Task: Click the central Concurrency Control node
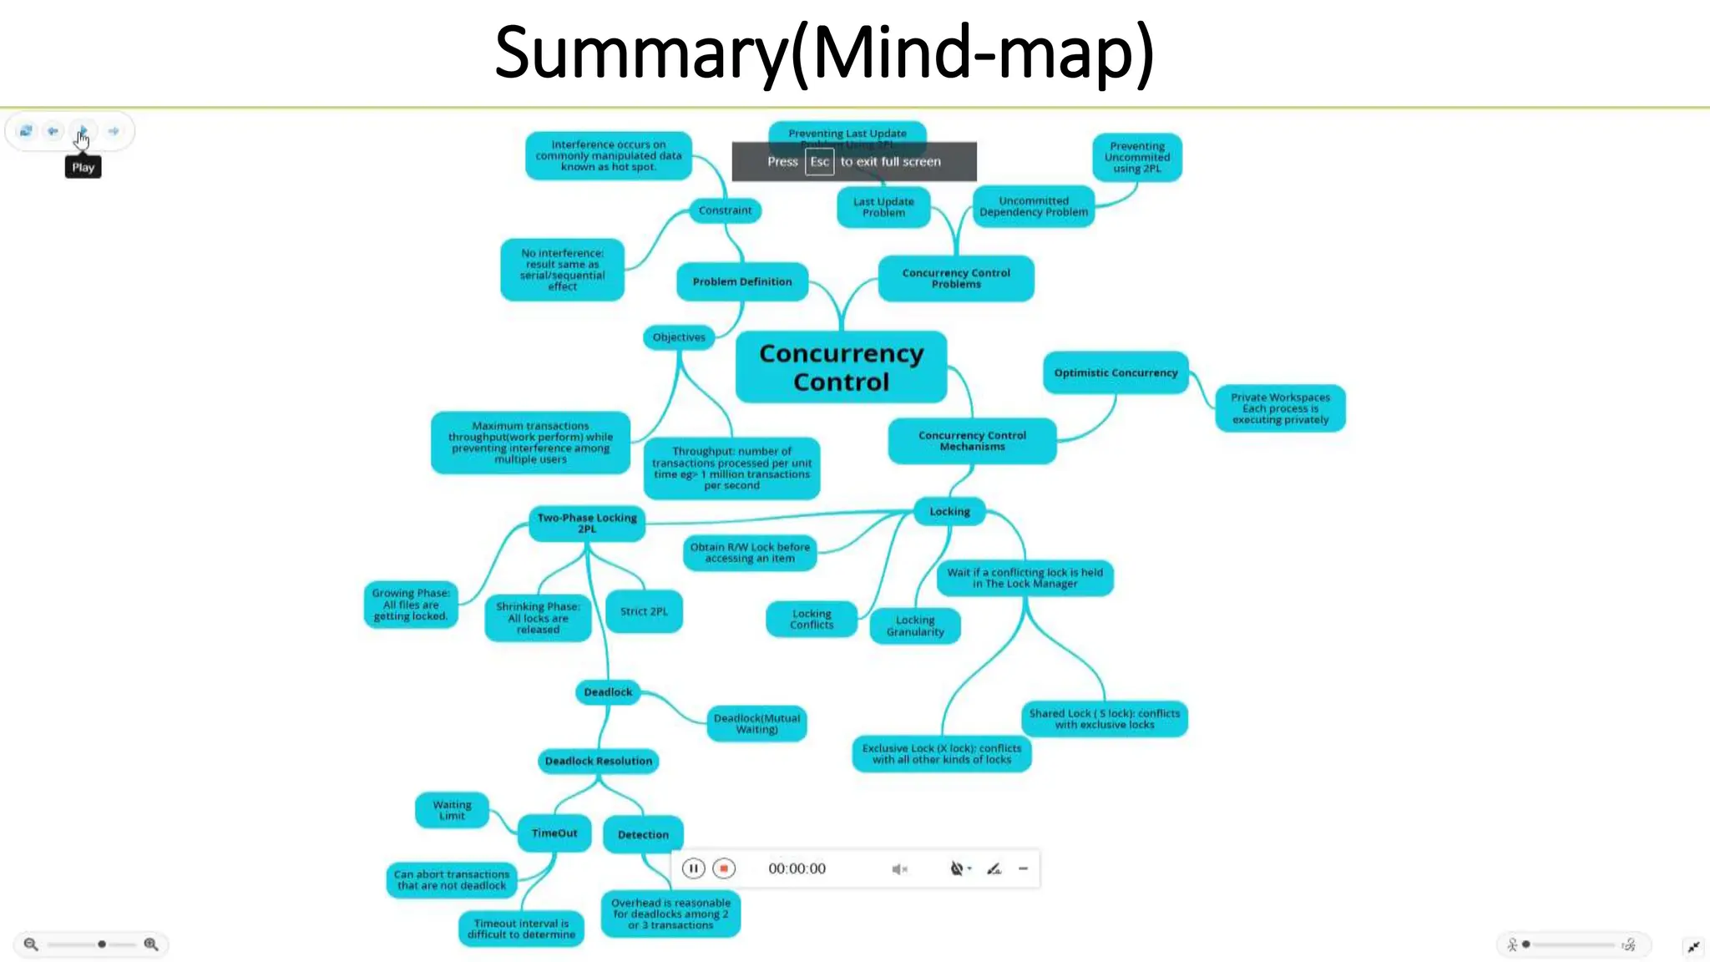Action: pyautogui.click(x=841, y=367)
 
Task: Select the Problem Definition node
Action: pyautogui.click(x=742, y=281)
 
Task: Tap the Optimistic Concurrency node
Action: pyautogui.click(x=1116, y=372)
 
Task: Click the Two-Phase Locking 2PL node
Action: pyautogui.click(x=587, y=523)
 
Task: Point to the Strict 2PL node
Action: pyautogui.click(x=644, y=611)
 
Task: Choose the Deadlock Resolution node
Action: pyautogui.click(x=599, y=761)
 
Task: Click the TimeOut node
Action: pyautogui.click(x=554, y=833)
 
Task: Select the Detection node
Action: pyautogui.click(x=643, y=834)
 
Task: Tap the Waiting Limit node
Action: pyautogui.click(x=452, y=810)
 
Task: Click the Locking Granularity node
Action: pyautogui.click(x=915, y=625)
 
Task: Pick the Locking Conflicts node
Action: pyautogui.click(x=812, y=619)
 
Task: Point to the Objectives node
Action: pyautogui.click(x=679, y=337)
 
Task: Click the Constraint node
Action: pyautogui.click(x=725, y=210)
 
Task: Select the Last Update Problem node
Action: pyautogui.click(x=883, y=207)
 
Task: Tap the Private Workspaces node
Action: pyautogui.click(x=1280, y=408)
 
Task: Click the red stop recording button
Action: pyautogui.click(x=724, y=868)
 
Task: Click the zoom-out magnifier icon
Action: pyautogui.click(x=31, y=944)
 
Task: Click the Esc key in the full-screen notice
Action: pyautogui.click(x=819, y=162)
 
